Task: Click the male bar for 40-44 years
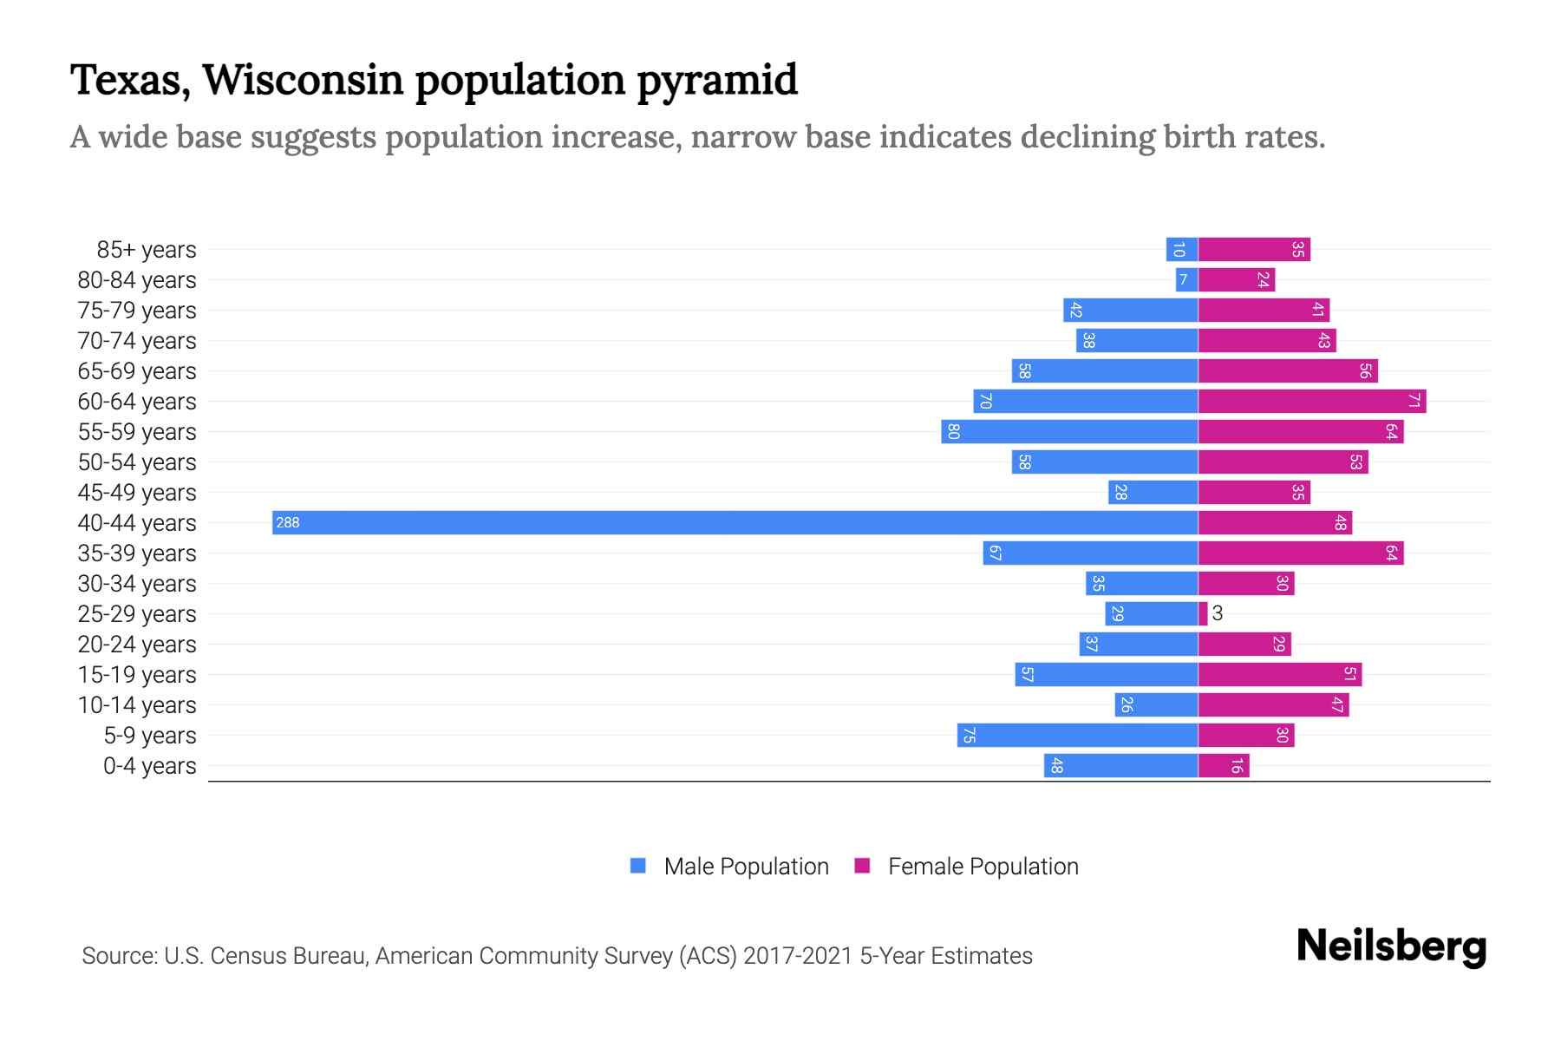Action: coord(735,522)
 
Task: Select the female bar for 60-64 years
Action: coord(1311,401)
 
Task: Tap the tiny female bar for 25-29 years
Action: coord(1203,613)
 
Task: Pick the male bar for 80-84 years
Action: coord(1186,279)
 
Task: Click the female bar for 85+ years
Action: coord(1254,249)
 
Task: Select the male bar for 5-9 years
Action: coord(1077,735)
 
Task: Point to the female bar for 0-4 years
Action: coord(1224,765)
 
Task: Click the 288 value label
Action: coord(288,522)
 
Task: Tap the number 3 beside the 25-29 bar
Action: coord(1218,613)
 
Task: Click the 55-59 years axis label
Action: coord(137,432)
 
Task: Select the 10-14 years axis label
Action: coord(137,705)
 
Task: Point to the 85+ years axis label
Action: coord(147,250)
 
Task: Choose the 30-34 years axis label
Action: coord(137,584)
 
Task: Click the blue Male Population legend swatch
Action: coord(638,866)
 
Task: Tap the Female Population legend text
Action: coord(983,867)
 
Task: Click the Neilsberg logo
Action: coord(1391,946)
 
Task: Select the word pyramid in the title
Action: coord(717,80)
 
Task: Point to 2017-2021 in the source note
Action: coord(798,956)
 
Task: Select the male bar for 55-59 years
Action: coord(1069,431)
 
